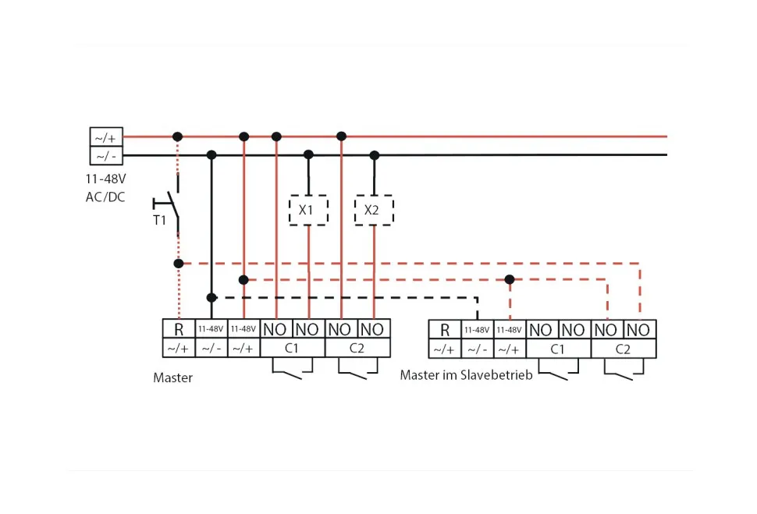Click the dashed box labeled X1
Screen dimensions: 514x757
308,211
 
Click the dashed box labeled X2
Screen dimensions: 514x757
374,211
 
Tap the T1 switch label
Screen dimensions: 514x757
159,220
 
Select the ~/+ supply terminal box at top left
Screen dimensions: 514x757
105,138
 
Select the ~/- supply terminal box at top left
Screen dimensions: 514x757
105,156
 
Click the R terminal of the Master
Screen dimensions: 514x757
179,329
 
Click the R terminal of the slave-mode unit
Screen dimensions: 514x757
445,330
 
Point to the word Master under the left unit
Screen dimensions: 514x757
172,378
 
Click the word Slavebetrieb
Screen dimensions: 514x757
496,375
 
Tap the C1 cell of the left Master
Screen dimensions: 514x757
292,348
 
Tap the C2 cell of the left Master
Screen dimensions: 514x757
357,348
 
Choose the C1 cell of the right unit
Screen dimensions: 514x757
558,349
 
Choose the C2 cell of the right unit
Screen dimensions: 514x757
623,349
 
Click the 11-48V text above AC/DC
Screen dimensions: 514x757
105,179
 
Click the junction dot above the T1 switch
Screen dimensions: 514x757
178,136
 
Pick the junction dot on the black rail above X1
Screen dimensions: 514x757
308,154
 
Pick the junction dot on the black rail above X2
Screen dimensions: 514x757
374,154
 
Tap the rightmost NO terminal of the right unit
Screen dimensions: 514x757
639,330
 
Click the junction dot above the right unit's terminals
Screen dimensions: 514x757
510,279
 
